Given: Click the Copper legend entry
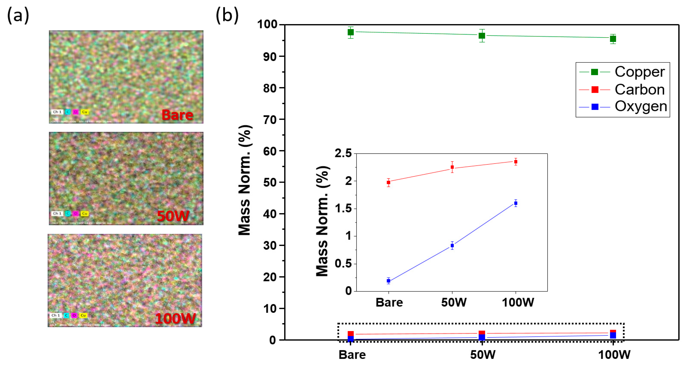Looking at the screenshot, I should [x=639, y=72].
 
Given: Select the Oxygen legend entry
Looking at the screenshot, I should [x=641, y=106].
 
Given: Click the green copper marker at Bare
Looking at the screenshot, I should [x=350, y=32].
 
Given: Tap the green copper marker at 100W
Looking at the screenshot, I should [x=613, y=39].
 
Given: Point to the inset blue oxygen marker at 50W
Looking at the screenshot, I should [x=452, y=246].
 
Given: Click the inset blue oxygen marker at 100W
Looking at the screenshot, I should [x=516, y=203].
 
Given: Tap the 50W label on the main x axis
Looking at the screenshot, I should [x=482, y=355].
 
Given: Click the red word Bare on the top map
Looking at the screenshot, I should [x=177, y=115].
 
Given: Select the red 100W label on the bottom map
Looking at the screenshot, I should [x=175, y=318].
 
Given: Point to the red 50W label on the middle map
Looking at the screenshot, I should [x=173, y=216].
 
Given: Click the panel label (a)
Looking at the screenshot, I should [x=18, y=15].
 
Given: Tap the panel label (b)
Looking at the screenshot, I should [x=227, y=15].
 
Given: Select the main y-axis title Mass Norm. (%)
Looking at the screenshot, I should [x=244, y=180].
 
